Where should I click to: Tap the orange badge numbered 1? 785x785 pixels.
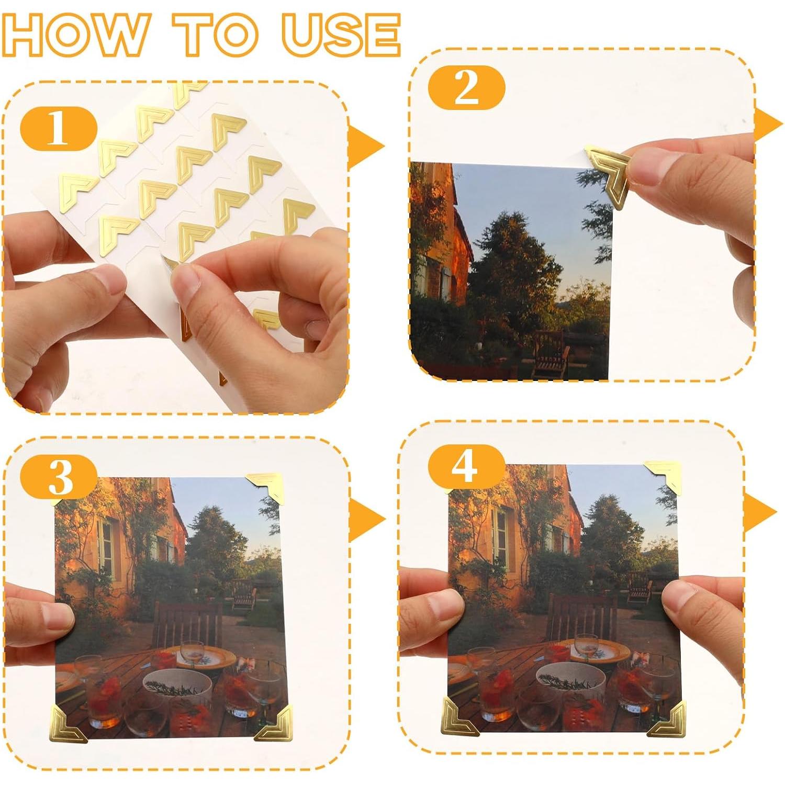(59, 128)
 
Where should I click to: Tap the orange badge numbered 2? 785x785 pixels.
(466, 87)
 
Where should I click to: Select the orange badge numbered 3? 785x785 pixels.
(59, 476)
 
